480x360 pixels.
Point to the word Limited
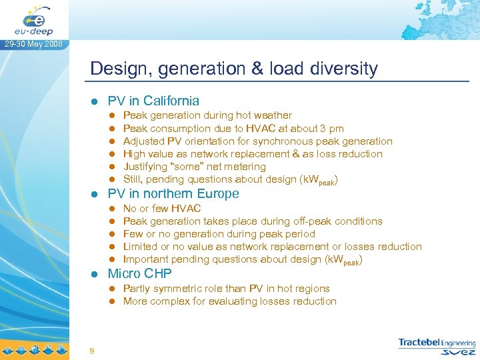click(141, 247)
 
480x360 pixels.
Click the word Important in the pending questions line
click(147, 259)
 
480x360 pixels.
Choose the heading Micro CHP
click(139, 273)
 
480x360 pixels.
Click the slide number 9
click(91, 351)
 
